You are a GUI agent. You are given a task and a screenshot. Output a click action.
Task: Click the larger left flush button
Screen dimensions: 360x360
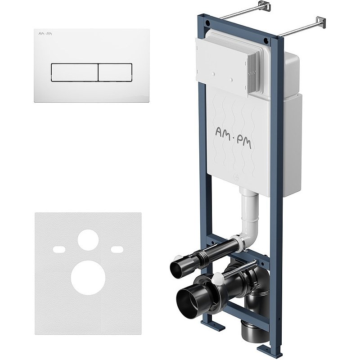click(x=74, y=72)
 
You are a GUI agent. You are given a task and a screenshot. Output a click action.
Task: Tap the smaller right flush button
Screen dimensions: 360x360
click(x=115, y=72)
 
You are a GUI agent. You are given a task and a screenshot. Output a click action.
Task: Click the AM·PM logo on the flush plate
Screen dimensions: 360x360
click(x=45, y=34)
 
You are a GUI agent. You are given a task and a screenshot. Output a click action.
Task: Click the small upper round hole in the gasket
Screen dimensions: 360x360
click(x=88, y=240)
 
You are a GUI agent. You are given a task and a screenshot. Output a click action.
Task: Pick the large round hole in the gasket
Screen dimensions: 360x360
click(x=88, y=277)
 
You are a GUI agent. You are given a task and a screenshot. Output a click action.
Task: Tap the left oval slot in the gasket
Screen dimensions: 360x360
click(x=59, y=249)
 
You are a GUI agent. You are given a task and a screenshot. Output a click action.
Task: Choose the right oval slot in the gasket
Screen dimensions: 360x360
click(x=117, y=249)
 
